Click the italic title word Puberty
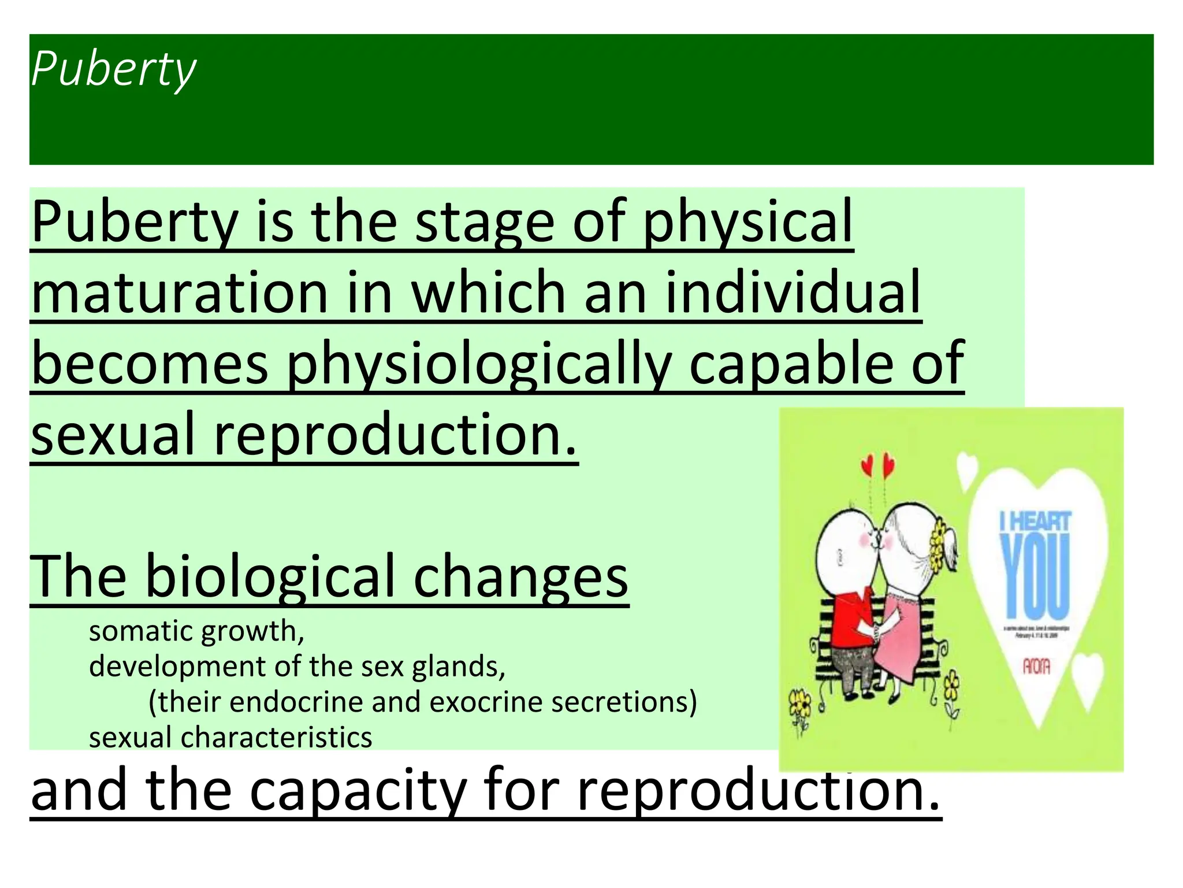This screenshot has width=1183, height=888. (114, 70)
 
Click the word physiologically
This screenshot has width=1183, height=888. (479, 364)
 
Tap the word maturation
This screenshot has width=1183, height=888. (180, 293)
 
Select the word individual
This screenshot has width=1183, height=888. (793, 293)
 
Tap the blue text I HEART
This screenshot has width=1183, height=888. (1035, 520)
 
